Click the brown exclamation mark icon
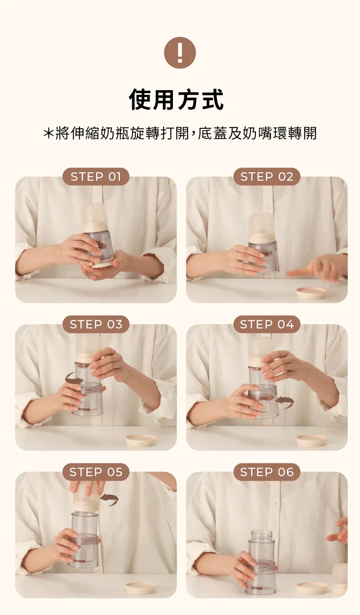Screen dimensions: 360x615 point(180,52)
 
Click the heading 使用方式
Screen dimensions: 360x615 point(177,99)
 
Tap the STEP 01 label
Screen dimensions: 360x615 point(96,177)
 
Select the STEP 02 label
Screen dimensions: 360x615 point(267,177)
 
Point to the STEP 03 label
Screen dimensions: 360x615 point(96,324)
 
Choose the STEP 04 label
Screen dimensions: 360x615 point(267,324)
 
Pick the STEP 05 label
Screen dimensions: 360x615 point(96,472)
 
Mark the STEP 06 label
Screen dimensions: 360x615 point(267,472)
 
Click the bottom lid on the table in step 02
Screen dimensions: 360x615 point(311,292)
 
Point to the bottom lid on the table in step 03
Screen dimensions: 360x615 point(141,440)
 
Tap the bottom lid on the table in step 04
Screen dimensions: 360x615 point(312,440)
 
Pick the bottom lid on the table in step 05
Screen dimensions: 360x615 point(141,588)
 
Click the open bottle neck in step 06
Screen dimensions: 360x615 point(262,536)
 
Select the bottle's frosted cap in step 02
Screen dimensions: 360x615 point(262,225)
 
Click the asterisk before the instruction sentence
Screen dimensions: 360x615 point(48,133)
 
